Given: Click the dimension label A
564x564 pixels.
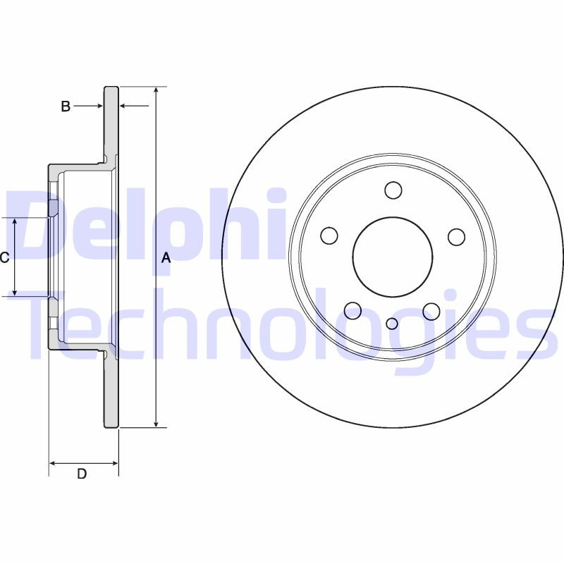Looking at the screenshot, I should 166,258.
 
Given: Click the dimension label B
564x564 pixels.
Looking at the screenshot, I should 66,106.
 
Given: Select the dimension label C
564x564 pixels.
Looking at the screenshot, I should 4,258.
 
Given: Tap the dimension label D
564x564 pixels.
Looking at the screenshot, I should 82,474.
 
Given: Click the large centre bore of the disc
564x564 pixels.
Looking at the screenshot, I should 393,256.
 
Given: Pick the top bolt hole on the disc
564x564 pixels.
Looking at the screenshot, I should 393,190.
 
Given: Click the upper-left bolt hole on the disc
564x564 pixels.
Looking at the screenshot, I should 329,235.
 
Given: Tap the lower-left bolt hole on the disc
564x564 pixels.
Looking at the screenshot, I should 353,309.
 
